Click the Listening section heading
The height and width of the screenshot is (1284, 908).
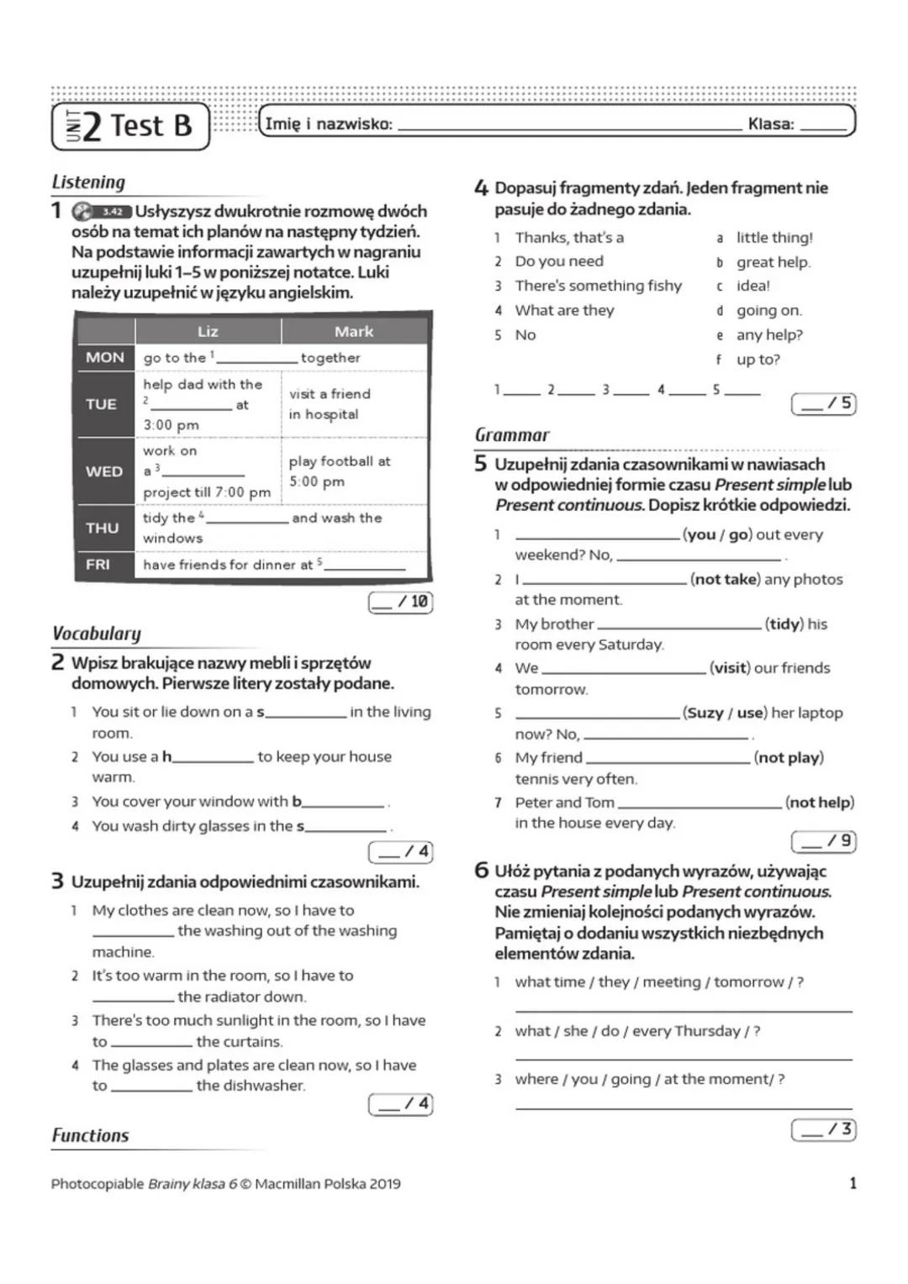[x=88, y=182]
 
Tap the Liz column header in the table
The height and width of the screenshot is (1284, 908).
[x=208, y=331]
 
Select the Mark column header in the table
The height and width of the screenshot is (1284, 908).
[x=354, y=331]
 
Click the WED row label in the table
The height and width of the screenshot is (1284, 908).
[x=104, y=471]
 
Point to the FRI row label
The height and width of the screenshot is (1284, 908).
[x=98, y=565]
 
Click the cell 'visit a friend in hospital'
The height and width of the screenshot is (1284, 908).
[x=330, y=404]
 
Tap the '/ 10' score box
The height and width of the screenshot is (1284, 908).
[x=401, y=602]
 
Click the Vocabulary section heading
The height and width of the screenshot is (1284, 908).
[x=97, y=634]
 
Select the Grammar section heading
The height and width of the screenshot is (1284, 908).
[x=512, y=435]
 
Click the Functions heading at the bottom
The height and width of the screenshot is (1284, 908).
[x=91, y=1136]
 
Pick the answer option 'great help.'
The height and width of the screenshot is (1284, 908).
[x=773, y=262]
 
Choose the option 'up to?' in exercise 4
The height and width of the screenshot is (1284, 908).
[x=758, y=360]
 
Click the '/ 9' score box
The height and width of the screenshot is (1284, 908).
[x=824, y=840]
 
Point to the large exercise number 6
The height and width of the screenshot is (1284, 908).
[x=481, y=871]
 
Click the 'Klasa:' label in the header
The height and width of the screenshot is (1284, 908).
[x=771, y=124]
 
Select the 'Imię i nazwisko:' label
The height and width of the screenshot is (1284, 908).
[x=329, y=124]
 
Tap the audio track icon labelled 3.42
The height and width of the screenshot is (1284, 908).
[x=102, y=212]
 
